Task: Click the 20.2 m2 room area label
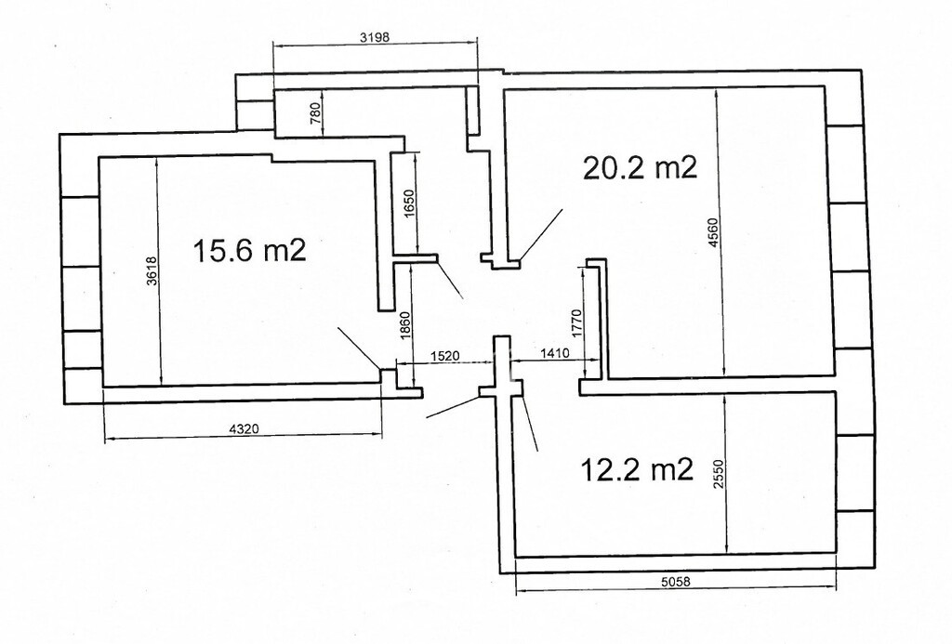click(x=640, y=167)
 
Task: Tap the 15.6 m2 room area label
click(x=249, y=250)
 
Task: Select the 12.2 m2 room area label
click(x=637, y=469)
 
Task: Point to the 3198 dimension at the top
click(x=374, y=37)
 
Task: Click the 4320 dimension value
click(x=245, y=428)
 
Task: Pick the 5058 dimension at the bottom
click(x=676, y=581)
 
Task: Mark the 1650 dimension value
click(x=409, y=204)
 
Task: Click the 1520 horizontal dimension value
click(x=444, y=356)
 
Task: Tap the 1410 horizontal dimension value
click(x=555, y=352)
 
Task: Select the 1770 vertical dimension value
click(x=577, y=322)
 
